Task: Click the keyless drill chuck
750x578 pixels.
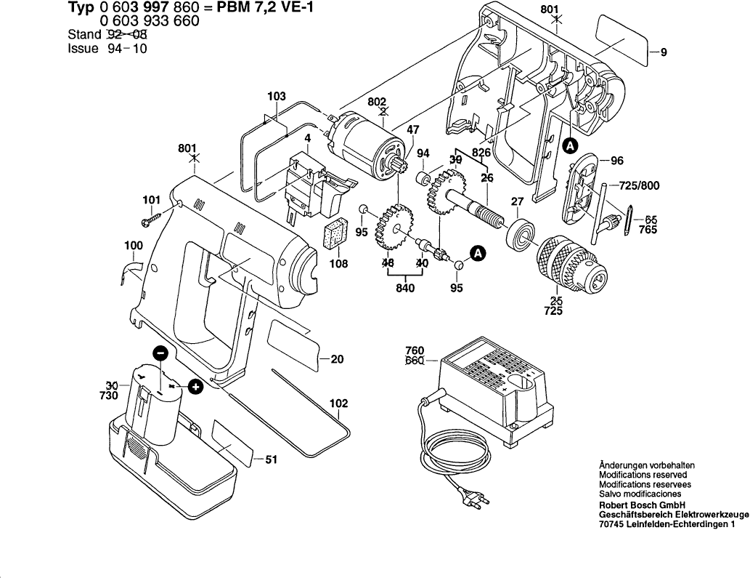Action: tap(570, 262)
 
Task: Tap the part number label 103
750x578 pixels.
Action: tap(277, 96)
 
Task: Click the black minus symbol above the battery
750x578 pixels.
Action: tap(163, 353)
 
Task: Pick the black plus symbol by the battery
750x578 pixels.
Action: tap(195, 387)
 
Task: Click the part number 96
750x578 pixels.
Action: tap(617, 161)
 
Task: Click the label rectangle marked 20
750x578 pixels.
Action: tap(294, 341)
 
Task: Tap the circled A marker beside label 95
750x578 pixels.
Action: tap(477, 253)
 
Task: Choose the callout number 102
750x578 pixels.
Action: tap(338, 403)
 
